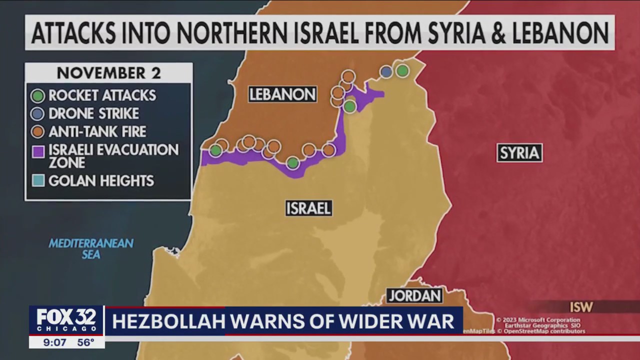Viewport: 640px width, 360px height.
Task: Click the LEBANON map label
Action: click(x=282, y=94)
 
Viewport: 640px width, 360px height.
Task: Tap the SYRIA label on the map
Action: click(x=519, y=153)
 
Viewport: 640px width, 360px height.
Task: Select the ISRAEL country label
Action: click(x=308, y=208)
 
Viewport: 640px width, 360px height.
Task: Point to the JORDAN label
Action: click(x=415, y=295)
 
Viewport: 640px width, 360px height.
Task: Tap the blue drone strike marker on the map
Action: click(x=386, y=71)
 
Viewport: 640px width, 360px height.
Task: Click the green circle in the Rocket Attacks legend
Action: click(x=38, y=95)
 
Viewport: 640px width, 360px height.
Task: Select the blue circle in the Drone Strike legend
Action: click(x=38, y=113)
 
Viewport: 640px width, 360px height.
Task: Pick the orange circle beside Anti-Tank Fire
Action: click(x=38, y=131)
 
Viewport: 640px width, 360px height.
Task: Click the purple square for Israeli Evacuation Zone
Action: click(x=38, y=151)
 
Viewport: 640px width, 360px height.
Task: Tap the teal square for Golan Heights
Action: click(x=38, y=180)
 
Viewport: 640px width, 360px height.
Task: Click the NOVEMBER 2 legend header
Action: click(x=108, y=73)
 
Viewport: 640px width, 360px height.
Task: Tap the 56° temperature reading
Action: click(x=85, y=342)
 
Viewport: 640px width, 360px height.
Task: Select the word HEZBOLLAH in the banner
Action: click(x=168, y=321)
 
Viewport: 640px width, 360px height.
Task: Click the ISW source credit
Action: click(x=581, y=307)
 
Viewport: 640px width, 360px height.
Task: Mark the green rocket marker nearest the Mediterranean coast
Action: click(x=215, y=150)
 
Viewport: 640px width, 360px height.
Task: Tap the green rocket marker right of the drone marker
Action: click(x=402, y=70)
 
